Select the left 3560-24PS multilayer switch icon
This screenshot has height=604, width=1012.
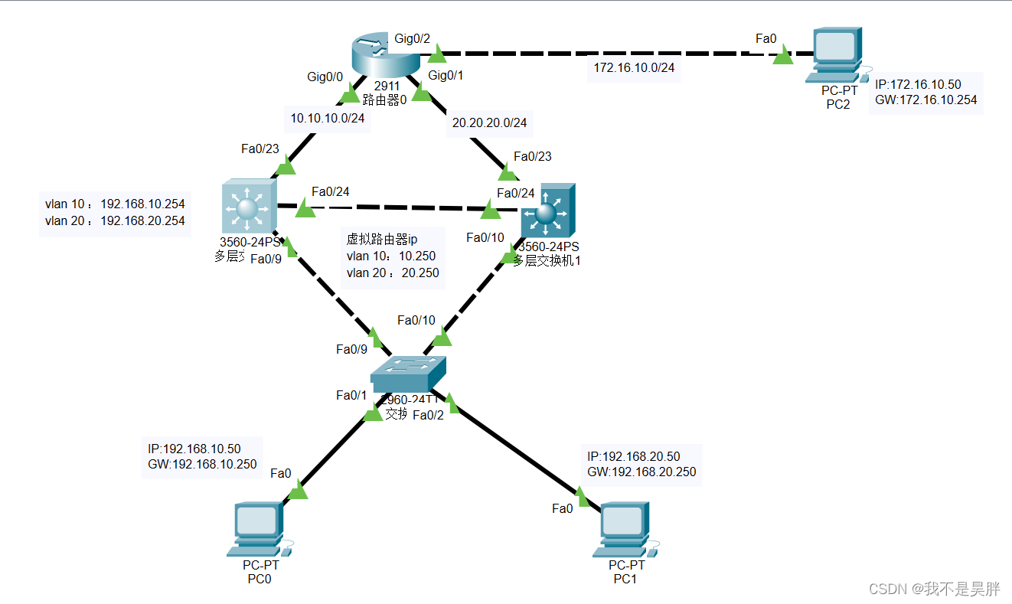(247, 207)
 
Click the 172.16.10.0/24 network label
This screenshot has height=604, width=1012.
(633, 68)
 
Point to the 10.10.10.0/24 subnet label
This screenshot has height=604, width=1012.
(327, 119)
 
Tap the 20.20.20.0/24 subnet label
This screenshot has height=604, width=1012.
(489, 122)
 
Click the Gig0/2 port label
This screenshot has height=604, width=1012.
(413, 38)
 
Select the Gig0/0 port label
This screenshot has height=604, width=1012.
(325, 77)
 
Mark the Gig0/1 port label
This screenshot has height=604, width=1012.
(447, 75)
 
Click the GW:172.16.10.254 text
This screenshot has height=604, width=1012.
(925, 100)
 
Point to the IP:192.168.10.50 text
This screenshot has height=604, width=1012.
(194, 449)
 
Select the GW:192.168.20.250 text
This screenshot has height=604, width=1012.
(641, 472)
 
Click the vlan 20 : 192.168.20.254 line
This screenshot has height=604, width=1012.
(115, 220)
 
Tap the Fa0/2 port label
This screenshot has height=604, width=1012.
(428, 415)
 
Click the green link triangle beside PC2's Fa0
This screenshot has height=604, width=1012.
(782, 56)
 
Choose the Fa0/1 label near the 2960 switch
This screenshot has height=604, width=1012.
(351, 395)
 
